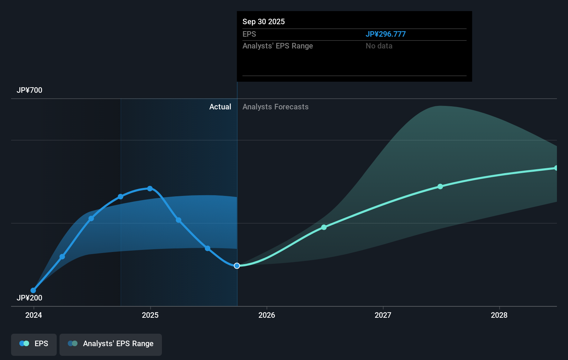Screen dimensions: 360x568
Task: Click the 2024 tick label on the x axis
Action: coord(34,315)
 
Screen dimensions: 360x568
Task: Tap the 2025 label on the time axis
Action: coord(150,315)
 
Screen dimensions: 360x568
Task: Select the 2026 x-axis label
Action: coord(267,315)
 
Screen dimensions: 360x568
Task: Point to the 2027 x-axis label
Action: coord(383,315)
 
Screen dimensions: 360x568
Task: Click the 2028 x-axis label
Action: coord(499,315)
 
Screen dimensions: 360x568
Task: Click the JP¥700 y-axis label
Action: coord(29,90)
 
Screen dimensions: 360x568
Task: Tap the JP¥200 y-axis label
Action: coord(29,298)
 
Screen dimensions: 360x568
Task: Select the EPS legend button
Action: coord(34,344)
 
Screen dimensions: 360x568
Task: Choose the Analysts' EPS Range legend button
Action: coord(111,344)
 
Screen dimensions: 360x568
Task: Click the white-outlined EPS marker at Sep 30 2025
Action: coord(237,266)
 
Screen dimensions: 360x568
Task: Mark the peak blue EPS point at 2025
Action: coord(150,189)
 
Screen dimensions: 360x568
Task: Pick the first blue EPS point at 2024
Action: coord(33,290)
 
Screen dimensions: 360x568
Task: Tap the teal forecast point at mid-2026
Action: coord(324,227)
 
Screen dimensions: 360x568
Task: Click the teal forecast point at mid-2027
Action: coord(440,187)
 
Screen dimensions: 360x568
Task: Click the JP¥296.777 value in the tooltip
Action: coord(385,34)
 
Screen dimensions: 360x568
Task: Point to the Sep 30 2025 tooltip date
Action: coord(264,22)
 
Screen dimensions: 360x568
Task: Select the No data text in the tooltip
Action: coord(379,46)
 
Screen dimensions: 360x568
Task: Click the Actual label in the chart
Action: coord(220,107)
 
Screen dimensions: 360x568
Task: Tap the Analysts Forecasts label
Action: coord(275,107)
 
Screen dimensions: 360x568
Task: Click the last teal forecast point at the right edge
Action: coord(556,168)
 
